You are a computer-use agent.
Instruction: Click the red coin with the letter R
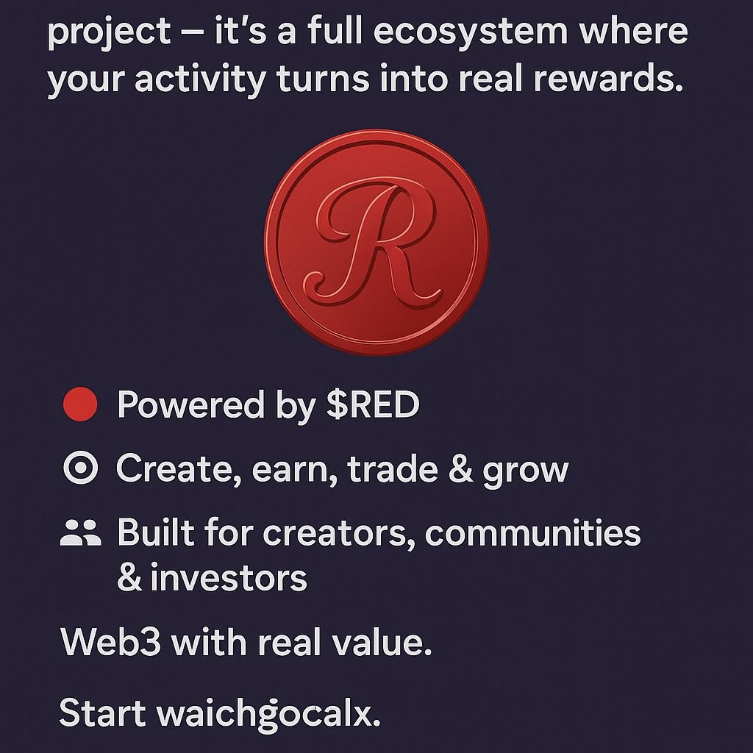point(376,242)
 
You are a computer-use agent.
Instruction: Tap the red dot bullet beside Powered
point(80,405)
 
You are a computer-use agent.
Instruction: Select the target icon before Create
point(80,469)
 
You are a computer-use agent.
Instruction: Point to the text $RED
point(373,405)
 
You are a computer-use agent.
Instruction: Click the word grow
point(525,471)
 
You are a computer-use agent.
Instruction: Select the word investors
point(229,579)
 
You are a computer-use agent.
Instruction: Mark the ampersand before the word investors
point(129,579)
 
